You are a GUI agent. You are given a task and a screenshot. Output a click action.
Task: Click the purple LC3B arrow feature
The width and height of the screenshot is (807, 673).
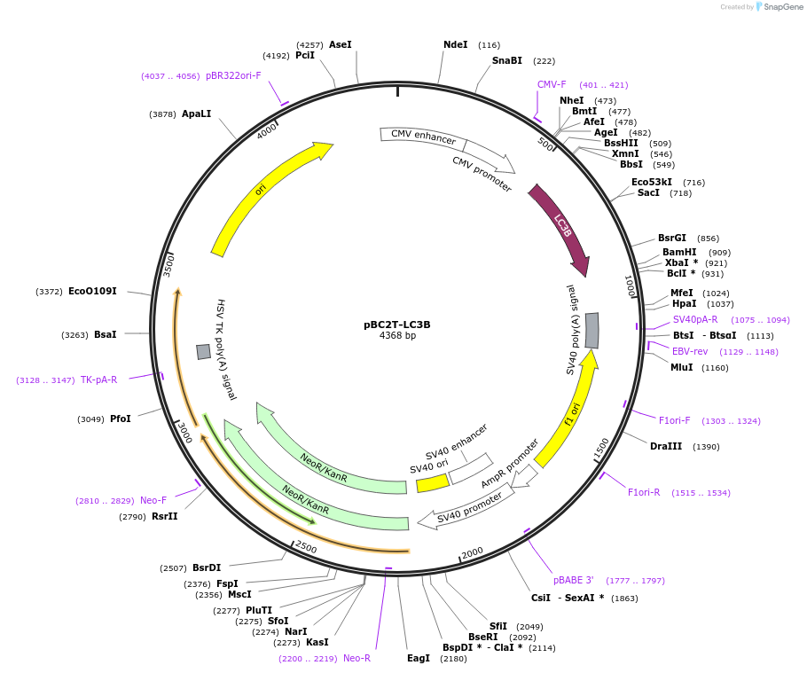(560, 226)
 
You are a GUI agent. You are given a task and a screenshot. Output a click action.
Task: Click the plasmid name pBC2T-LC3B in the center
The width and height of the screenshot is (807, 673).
(397, 325)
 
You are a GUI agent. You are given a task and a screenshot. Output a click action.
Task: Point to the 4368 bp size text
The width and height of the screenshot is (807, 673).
(397, 336)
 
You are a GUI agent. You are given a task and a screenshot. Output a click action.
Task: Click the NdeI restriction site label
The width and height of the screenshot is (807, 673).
(455, 44)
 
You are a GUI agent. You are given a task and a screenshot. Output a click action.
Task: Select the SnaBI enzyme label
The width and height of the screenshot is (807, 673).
(507, 60)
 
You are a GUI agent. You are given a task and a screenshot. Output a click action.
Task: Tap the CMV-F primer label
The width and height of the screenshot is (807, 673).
(552, 85)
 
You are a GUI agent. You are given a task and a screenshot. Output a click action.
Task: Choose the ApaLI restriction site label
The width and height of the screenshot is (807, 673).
(196, 114)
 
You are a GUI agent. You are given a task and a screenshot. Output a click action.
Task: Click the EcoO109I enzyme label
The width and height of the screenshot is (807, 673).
(92, 291)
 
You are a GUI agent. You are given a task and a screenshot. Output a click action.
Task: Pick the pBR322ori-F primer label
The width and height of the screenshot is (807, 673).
(233, 75)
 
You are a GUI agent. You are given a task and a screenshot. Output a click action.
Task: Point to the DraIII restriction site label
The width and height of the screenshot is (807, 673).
(666, 446)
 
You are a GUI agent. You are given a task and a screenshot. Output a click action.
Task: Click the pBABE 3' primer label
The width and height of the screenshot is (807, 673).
(574, 580)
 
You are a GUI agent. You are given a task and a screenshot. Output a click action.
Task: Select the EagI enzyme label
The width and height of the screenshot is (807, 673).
(418, 658)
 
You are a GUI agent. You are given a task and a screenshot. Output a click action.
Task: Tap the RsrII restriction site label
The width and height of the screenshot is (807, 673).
(164, 516)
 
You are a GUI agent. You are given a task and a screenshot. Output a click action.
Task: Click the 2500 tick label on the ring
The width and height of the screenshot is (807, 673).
(306, 547)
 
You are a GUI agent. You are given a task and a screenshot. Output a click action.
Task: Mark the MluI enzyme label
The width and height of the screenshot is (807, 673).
(682, 367)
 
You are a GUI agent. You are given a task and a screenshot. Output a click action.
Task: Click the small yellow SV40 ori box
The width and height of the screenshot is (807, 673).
(433, 483)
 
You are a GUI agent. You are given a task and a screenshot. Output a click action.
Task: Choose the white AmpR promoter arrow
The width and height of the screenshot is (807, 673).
(525, 476)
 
